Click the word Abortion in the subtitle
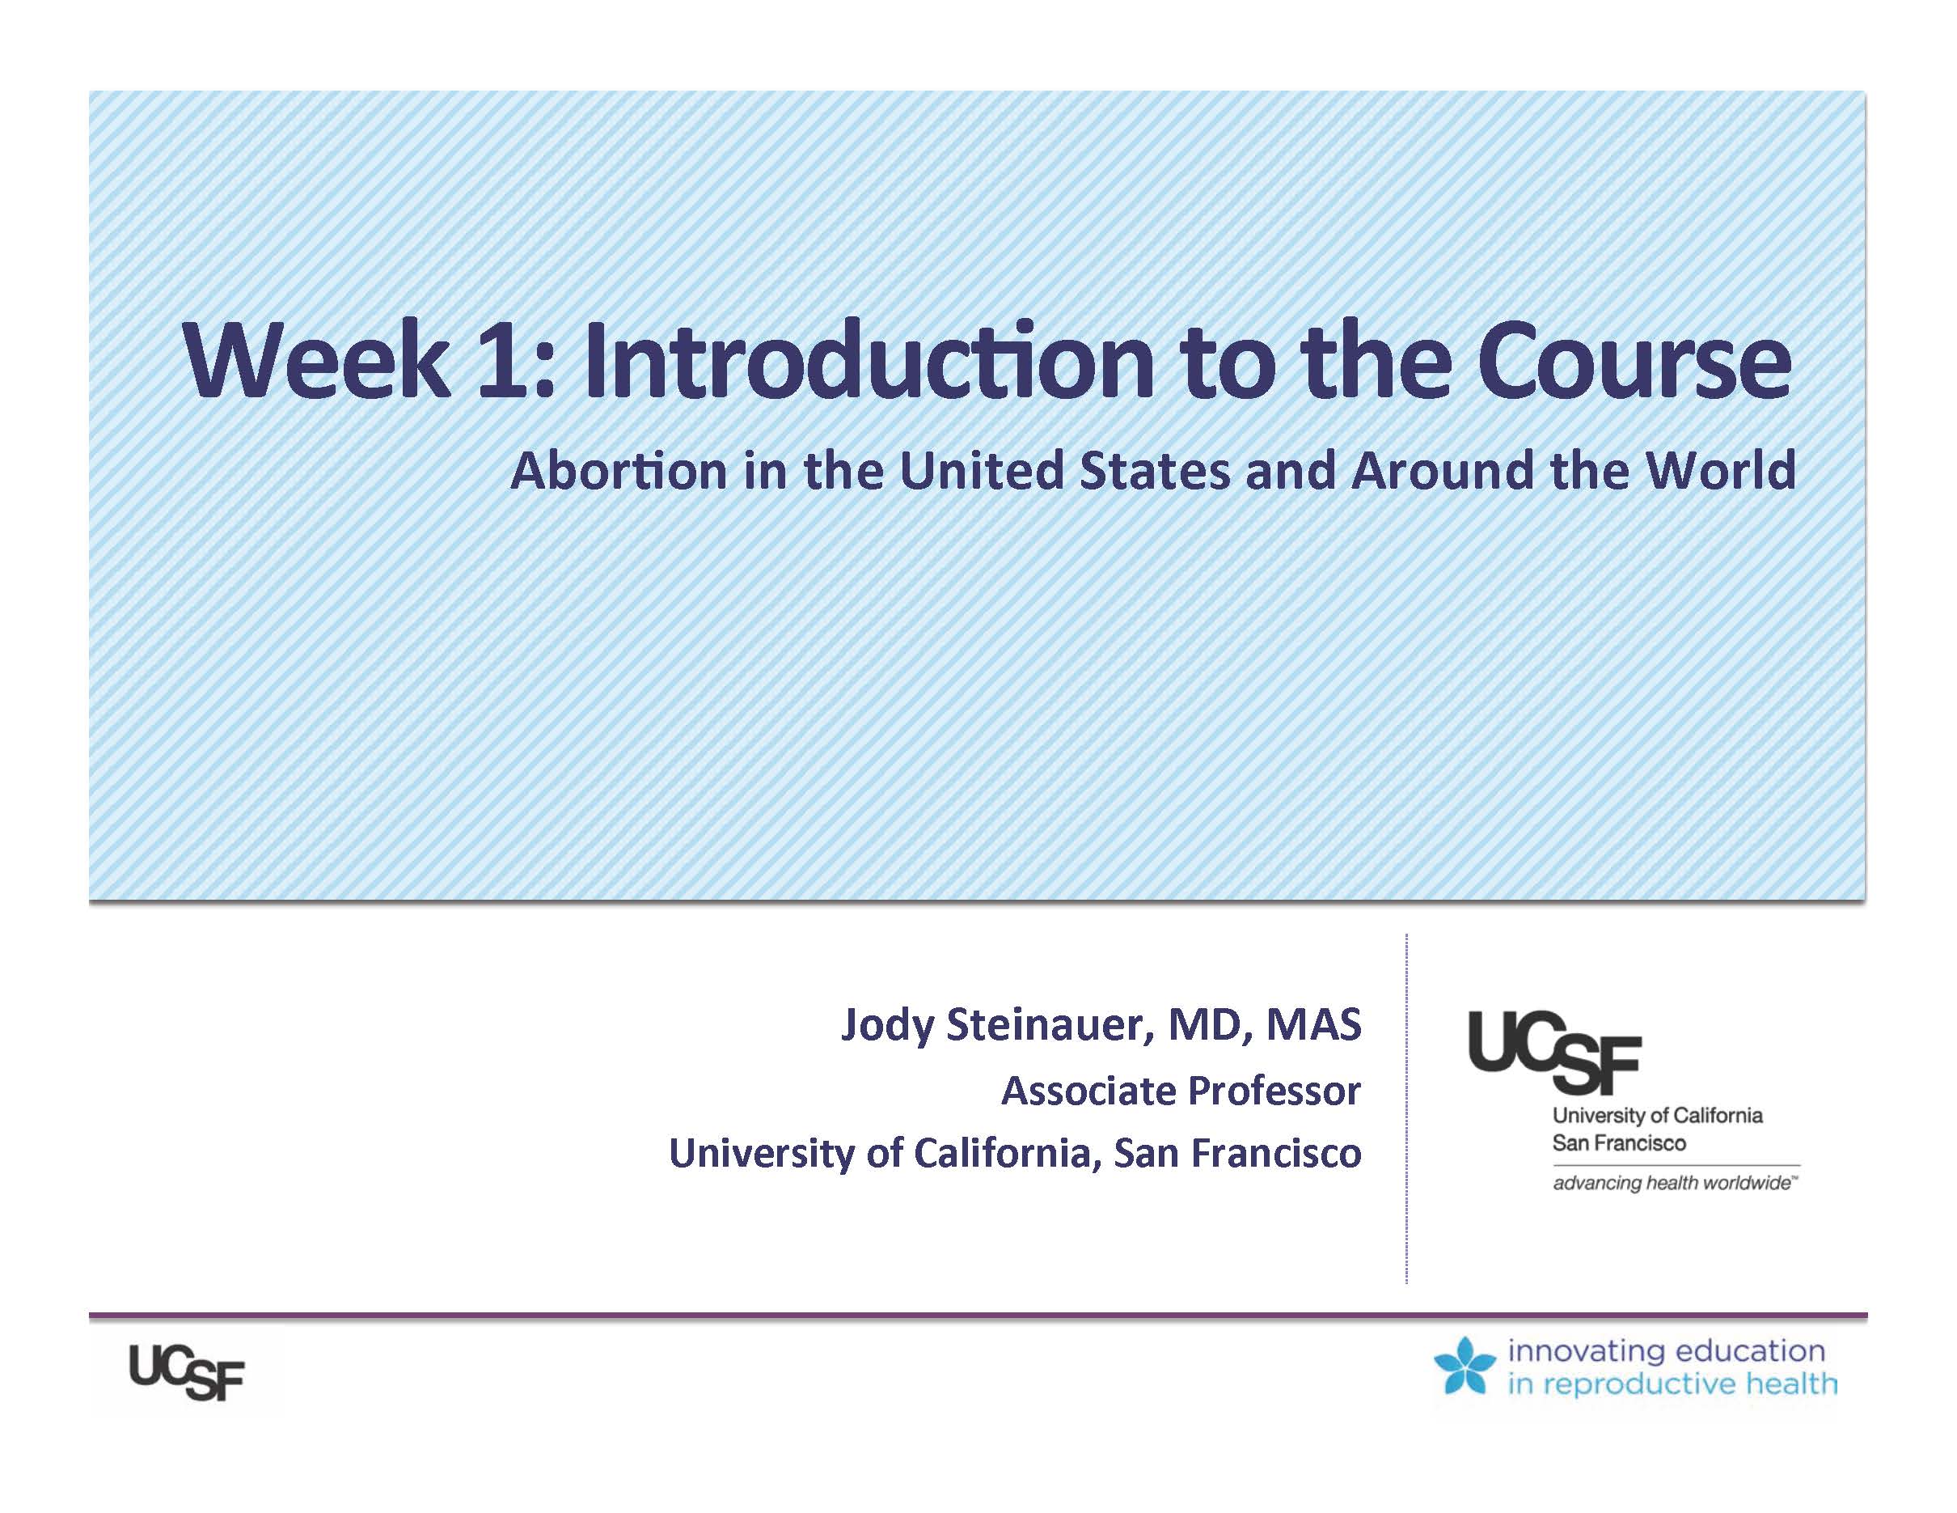[x=619, y=472]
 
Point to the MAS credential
[x=1312, y=1024]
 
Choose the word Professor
[x=1274, y=1091]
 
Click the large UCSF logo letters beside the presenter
[x=1553, y=1053]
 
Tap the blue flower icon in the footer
[x=1465, y=1366]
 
